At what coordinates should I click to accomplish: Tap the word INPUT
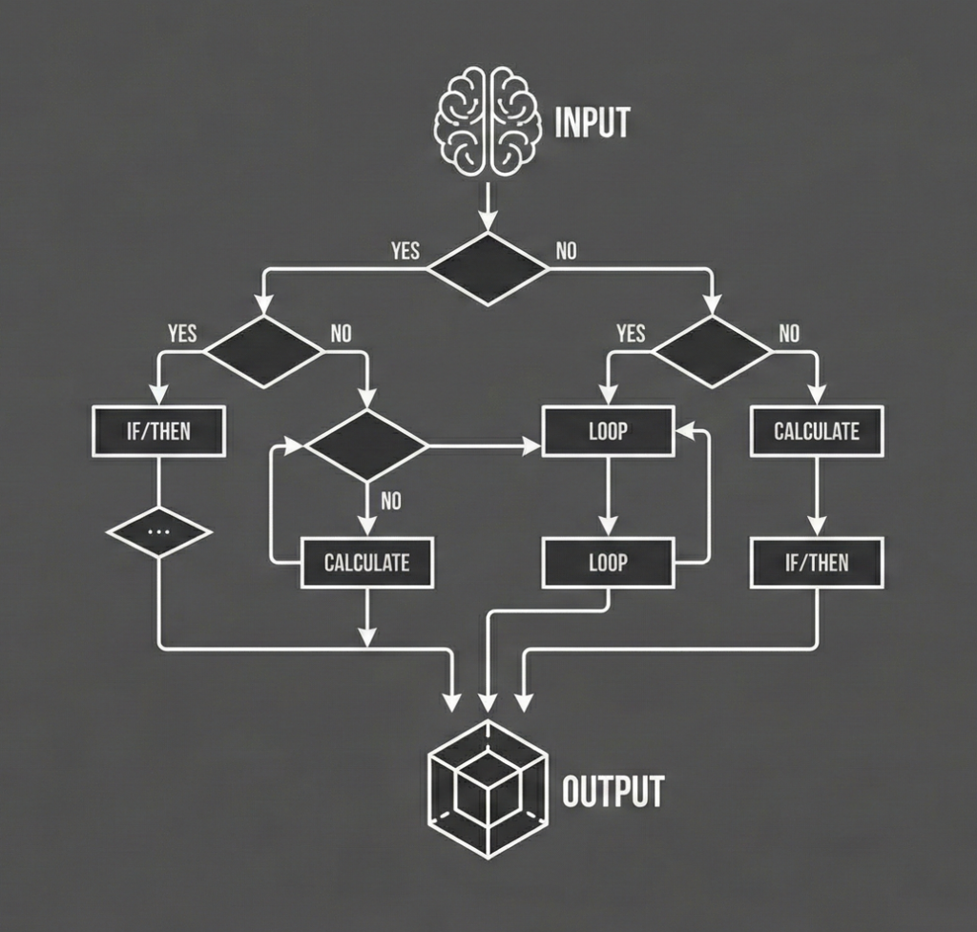point(592,124)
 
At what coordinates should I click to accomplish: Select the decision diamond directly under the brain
point(488,268)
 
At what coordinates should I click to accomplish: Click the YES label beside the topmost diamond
point(405,252)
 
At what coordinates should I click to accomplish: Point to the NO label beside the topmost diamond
point(567,252)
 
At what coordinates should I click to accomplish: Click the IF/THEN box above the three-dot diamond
point(158,431)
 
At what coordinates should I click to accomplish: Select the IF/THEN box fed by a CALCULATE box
point(816,563)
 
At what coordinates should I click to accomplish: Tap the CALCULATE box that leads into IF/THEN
point(816,431)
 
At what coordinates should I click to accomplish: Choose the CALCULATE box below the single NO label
point(366,563)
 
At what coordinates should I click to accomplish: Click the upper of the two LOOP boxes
point(608,431)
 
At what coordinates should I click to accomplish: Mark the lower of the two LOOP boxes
point(608,563)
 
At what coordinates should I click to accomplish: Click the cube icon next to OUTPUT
point(488,789)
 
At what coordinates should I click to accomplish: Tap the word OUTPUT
point(613,791)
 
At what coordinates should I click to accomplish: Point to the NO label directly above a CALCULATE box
point(391,500)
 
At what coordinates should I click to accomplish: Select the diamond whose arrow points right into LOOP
point(366,445)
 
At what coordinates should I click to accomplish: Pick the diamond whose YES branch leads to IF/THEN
point(264,350)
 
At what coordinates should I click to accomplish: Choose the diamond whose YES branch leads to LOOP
point(713,350)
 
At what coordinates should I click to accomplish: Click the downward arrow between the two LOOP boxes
point(608,496)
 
